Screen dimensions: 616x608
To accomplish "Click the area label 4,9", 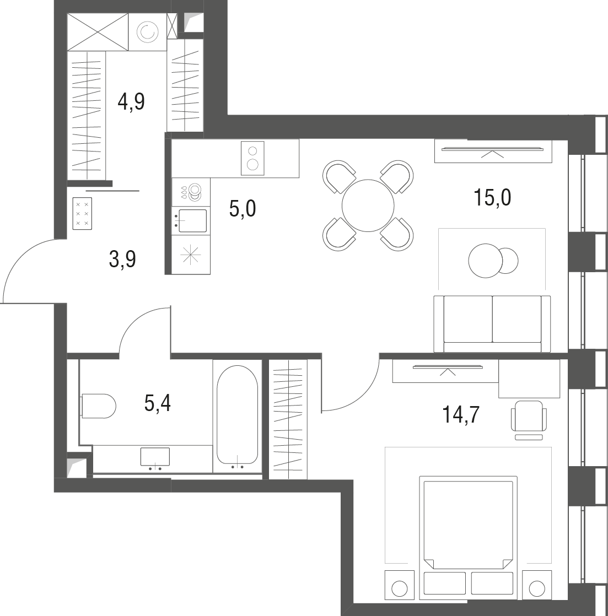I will [131, 101].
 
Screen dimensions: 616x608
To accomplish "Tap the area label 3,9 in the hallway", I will [122, 258].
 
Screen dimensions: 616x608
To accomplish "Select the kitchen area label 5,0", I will [243, 209].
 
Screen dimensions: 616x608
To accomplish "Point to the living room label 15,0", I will [492, 197].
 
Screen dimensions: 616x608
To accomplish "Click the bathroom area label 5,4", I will [158, 403].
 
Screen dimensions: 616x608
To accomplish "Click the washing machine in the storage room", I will [147, 33].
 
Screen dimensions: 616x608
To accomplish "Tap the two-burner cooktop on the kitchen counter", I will [252, 158].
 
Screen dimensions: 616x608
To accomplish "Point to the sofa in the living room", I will [492, 323].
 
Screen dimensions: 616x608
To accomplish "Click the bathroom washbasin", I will [155, 457].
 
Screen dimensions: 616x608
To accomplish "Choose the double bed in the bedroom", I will [467, 534].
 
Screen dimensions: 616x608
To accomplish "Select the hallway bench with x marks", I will [82, 213].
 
